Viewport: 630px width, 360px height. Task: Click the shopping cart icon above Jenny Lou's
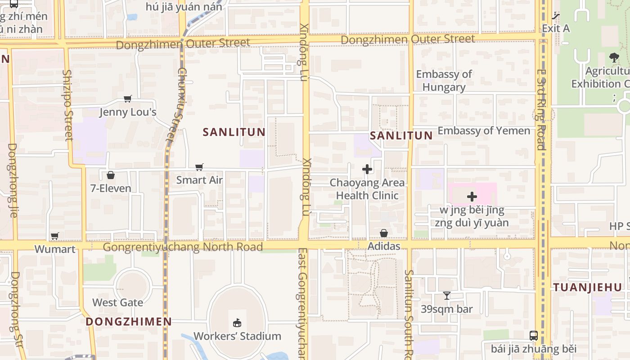click(128, 99)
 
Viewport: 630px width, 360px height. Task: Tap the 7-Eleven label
click(111, 188)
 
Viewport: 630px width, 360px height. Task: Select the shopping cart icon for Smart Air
click(199, 167)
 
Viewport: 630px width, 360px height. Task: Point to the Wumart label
click(55, 249)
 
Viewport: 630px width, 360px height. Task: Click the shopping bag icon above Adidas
click(384, 233)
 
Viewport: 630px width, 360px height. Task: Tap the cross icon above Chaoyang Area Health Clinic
click(367, 169)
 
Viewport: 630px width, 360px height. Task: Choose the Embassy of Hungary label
click(444, 81)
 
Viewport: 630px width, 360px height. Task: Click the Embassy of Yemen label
click(484, 130)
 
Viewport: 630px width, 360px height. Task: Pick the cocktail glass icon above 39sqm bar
click(446, 296)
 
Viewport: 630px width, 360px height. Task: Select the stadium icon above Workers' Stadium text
click(237, 323)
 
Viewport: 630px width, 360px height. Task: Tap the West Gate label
click(118, 302)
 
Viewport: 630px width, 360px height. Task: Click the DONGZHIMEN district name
click(129, 321)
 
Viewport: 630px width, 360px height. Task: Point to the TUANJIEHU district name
click(587, 287)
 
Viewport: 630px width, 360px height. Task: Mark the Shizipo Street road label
click(67, 105)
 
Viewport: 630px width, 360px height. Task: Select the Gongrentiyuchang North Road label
click(183, 247)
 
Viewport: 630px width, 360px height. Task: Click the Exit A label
click(555, 28)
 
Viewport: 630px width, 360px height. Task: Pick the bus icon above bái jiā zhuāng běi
click(533, 335)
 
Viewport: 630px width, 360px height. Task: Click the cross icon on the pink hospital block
click(472, 197)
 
